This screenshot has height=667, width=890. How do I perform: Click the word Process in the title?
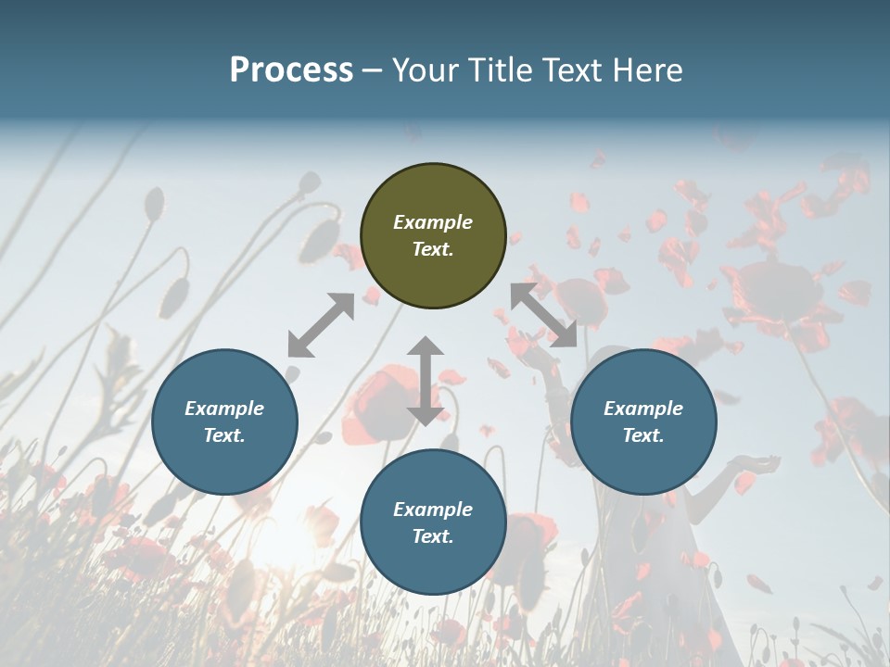click(x=291, y=69)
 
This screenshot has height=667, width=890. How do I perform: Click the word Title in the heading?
click(x=498, y=69)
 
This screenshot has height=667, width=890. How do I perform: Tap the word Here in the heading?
click(x=646, y=69)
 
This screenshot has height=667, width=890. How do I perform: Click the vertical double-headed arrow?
click(x=425, y=381)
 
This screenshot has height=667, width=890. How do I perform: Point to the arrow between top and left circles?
click(x=321, y=325)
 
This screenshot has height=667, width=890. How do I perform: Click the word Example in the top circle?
click(x=433, y=222)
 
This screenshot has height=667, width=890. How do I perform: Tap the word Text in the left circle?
click(x=224, y=435)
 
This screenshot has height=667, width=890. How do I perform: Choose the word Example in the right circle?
click(x=643, y=409)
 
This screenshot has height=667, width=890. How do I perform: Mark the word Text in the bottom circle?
click(x=433, y=536)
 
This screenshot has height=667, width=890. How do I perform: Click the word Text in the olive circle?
click(x=433, y=249)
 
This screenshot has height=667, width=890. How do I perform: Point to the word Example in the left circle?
click(x=224, y=409)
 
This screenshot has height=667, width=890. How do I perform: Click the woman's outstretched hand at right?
click(x=756, y=463)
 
